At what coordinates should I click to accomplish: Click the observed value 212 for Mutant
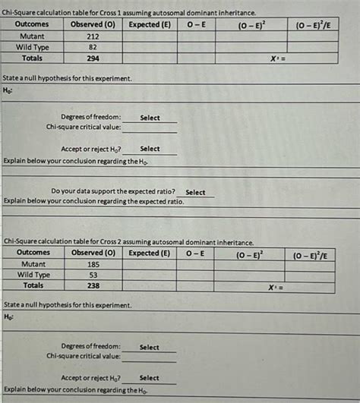[93, 36]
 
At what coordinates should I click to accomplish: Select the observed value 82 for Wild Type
[93, 46]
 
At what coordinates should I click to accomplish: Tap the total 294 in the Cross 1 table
[93, 58]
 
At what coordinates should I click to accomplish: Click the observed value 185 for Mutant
[93, 263]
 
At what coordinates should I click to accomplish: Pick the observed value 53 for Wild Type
[93, 275]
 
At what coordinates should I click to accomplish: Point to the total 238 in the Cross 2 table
[93, 286]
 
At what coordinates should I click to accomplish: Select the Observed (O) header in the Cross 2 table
[93, 252]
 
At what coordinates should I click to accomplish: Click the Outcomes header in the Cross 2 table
[33, 252]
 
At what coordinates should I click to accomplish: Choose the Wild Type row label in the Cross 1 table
[33, 46]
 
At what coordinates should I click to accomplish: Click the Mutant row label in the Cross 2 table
[33, 263]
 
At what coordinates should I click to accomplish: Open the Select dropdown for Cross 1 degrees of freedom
[150, 118]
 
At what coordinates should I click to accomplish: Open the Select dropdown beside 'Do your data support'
[195, 192]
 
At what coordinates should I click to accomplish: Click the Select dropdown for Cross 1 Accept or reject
[150, 149]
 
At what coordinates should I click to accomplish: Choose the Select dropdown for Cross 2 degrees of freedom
[150, 347]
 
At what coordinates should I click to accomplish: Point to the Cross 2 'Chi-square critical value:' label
[84, 355]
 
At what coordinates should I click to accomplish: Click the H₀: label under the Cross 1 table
[8, 90]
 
